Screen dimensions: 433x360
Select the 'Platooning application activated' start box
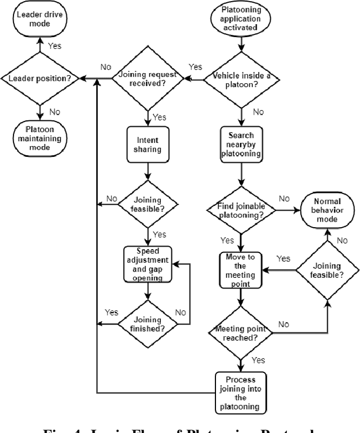(x=241, y=20)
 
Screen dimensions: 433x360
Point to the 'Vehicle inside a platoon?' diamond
(x=241, y=80)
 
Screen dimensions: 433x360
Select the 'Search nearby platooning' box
(x=241, y=144)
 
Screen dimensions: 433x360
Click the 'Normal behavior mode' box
(x=326, y=210)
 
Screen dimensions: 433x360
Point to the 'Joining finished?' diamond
(x=147, y=324)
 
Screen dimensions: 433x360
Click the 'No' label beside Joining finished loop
(x=181, y=312)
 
